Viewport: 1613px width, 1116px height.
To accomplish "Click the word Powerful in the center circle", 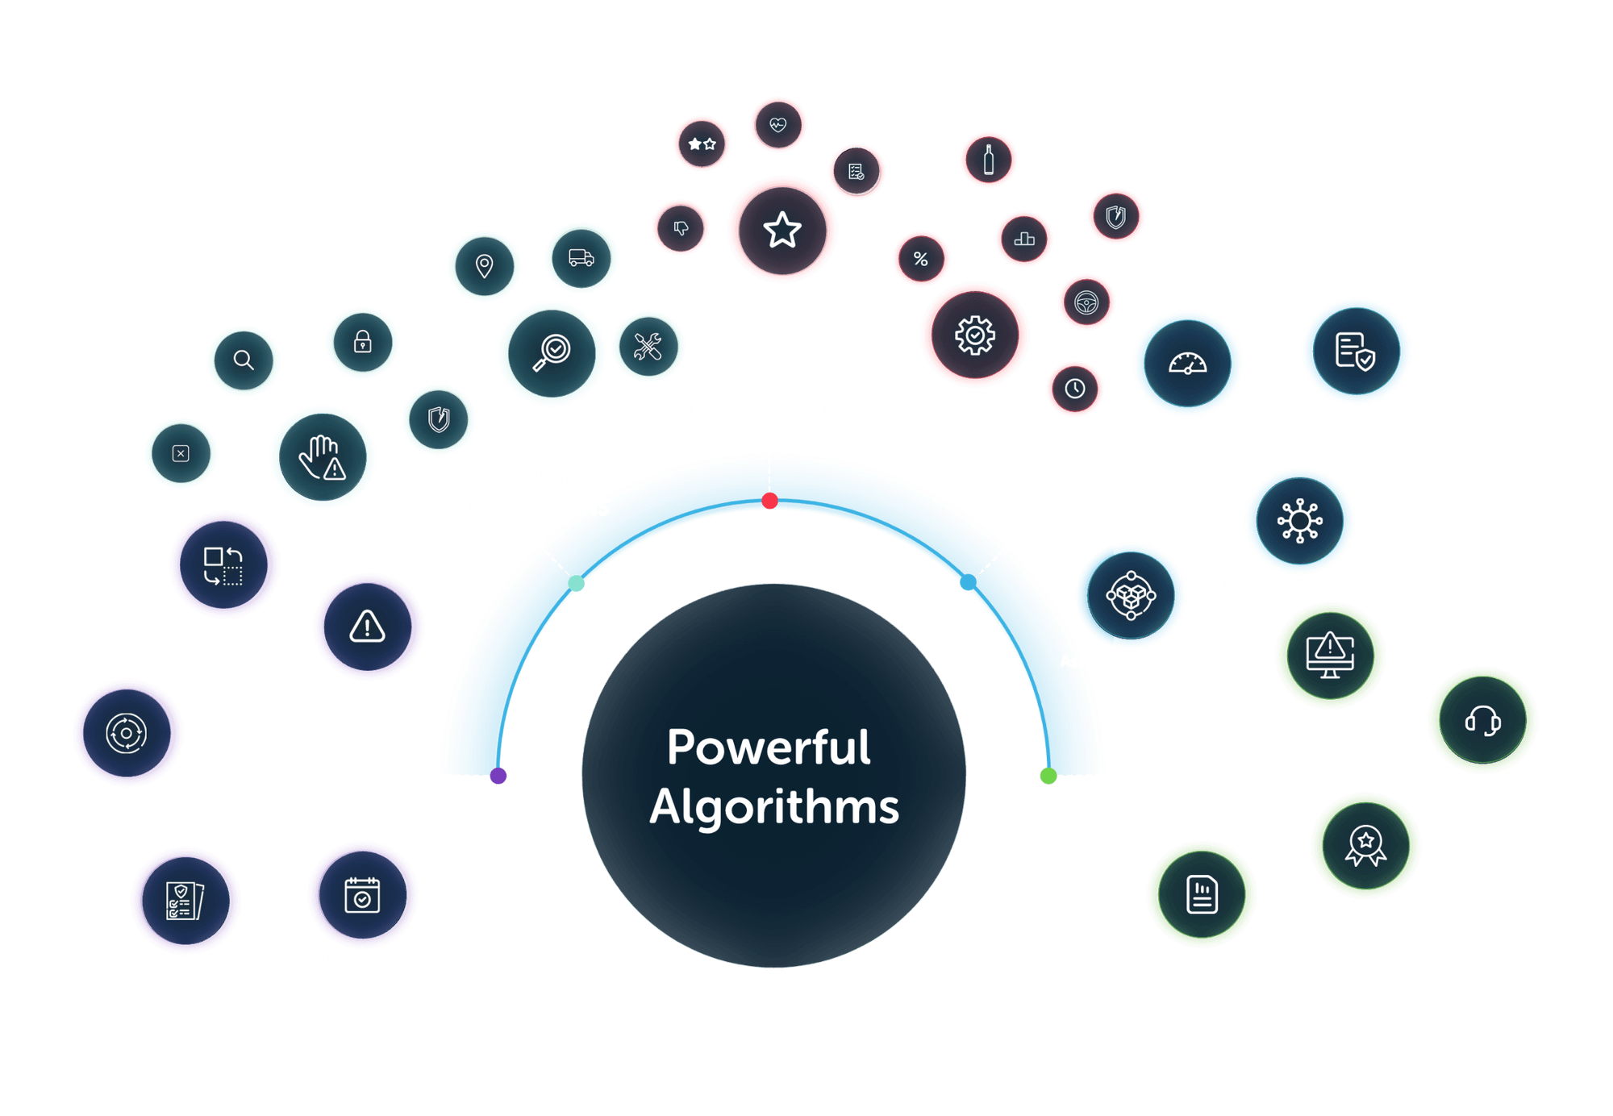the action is pyautogui.click(x=769, y=747).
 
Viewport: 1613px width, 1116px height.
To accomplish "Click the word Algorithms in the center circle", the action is pyautogui.click(x=774, y=807).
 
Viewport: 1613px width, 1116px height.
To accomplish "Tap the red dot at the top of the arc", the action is pyautogui.click(x=770, y=501).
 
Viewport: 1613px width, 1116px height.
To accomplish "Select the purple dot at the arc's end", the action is pyautogui.click(x=498, y=776).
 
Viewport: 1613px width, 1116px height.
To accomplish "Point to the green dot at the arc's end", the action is pyautogui.click(x=1048, y=776).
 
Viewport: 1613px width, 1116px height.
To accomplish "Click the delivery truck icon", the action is pyautogui.click(x=581, y=258).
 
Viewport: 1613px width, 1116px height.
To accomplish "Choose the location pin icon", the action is pyautogui.click(x=485, y=266).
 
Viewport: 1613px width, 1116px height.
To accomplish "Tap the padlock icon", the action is pyautogui.click(x=363, y=342).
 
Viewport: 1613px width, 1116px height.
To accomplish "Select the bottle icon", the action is pyautogui.click(x=989, y=160).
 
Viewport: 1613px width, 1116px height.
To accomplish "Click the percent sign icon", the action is pyautogui.click(x=921, y=259).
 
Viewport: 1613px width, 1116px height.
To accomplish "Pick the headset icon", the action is pyautogui.click(x=1482, y=720).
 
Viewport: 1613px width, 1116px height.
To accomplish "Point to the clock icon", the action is pyautogui.click(x=1075, y=389).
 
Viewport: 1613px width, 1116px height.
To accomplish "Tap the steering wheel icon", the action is pyautogui.click(x=1086, y=302).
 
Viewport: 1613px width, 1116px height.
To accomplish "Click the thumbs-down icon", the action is pyautogui.click(x=681, y=228).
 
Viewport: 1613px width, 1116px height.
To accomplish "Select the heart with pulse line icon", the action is pyautogui.click(x=778, y=125).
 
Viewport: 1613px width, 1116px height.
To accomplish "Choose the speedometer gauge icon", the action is pyautogui.click(x=1188, y=363).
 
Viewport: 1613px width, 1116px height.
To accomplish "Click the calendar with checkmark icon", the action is pyautogui.click(x=363, y=895).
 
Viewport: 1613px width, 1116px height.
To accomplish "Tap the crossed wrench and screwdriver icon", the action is pyautogui.click(x=648, y=347).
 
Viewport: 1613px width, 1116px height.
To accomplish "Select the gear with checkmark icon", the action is pyautogui.click(x=975, y=335).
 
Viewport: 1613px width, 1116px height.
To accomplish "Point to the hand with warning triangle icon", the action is pyautogui.click(x=323, y=457).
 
